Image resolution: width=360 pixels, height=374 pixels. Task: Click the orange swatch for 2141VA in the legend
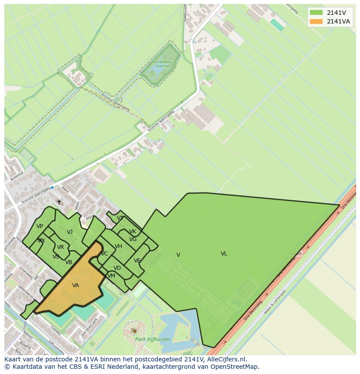[316, 21]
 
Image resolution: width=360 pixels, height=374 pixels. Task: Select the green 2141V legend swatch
[316, 13]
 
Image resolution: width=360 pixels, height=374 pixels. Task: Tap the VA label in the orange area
[76, 285]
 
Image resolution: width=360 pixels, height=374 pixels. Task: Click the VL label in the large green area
[224, 254]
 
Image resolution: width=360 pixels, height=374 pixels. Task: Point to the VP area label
[40, 226]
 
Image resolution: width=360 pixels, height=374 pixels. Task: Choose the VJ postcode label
[70, 232]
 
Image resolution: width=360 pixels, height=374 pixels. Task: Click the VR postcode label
[60, 247]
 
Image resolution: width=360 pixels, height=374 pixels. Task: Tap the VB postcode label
[69, 262]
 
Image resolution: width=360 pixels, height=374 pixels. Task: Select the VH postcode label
[118, 246]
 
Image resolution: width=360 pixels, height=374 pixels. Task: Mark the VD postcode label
[117, 268]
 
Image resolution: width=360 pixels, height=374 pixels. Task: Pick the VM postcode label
[111, 276]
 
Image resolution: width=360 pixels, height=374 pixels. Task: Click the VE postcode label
[137, 261]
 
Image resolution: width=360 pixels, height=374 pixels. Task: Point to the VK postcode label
[133, 232]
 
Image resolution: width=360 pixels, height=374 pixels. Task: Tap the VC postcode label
[104, 254]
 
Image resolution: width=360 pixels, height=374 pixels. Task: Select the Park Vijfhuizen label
[152, 339]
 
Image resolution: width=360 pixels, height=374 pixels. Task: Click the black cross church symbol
[59, 202]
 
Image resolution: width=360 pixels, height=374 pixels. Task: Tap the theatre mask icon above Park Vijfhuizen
[134, 331]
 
